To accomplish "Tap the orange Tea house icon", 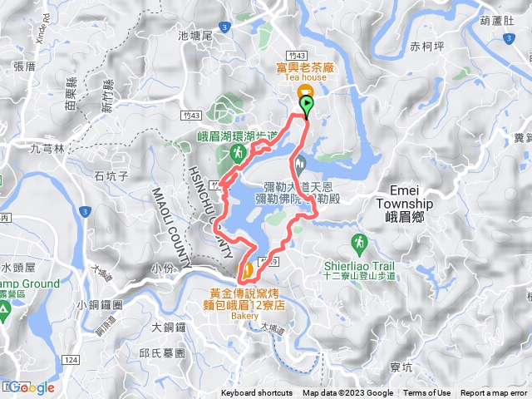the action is coord(305,91).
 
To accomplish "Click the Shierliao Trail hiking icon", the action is coord(359,243).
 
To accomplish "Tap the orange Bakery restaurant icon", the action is coord(247,270).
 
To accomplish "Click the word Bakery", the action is coord(247,315).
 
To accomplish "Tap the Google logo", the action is coord(32,387).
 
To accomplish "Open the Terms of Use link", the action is coord(427,393).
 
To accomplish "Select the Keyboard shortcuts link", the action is coord(257,393).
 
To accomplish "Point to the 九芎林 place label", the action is coord(47,150).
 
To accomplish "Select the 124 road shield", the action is coord(71,358).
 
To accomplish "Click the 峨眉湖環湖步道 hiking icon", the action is coord(236,153).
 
